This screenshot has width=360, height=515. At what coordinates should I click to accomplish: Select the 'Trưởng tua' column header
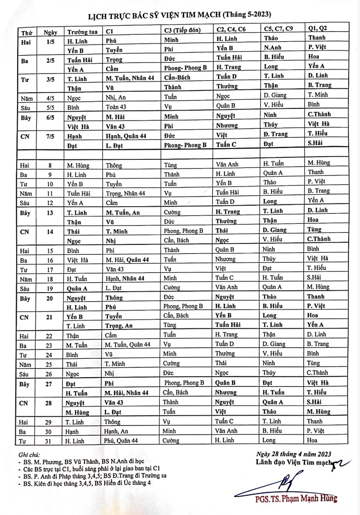click(x=80, y=32)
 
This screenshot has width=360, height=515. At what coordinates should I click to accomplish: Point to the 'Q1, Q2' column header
click(x=318, y=28)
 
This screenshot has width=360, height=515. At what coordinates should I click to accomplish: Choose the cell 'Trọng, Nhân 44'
click(x=126, y=192)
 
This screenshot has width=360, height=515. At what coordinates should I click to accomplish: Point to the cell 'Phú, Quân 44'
click(x=121, y=441)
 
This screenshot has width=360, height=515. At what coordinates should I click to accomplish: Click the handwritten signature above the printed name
click(x=288, y=484)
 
